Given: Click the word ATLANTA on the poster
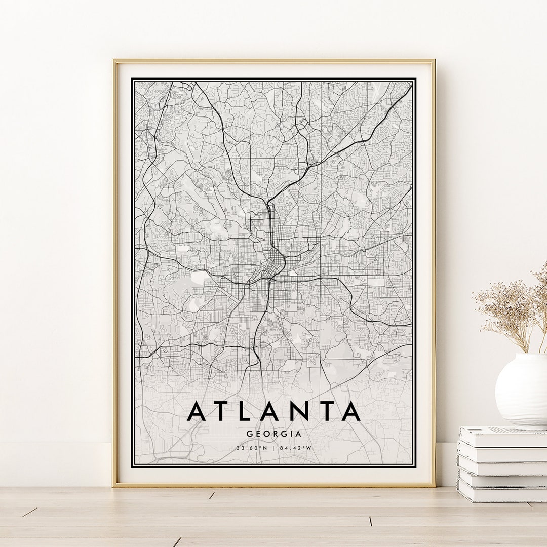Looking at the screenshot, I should coord(273,411).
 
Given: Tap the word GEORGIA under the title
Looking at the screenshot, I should coord(273,434).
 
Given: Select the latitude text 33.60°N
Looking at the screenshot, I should coord(251,448).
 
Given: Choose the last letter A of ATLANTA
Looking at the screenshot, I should coord(350,411).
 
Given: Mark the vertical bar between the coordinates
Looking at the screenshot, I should coord(273,448).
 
